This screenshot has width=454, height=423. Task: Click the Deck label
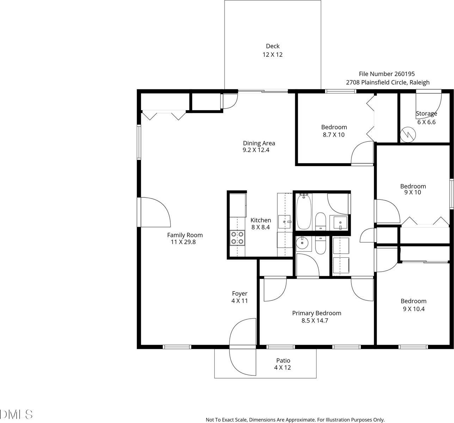click(x=272, y=46)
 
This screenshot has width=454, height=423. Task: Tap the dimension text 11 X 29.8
click(x=183, y=242)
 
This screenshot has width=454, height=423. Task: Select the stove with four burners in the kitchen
click(x=237, y=238)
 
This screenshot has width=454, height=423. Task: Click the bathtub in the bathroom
click(x=303, y=211)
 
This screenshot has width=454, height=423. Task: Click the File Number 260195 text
click(x=387, y=74)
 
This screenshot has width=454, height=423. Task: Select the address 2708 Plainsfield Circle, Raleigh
click(x=388, y=82)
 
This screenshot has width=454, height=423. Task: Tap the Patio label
click(x=283, y=360)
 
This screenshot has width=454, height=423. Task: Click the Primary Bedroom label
click(x=317, y=313)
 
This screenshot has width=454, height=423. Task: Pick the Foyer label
click(x=239, y=293)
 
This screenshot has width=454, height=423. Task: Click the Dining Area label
click(x=259, y=143)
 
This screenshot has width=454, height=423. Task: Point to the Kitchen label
click(x=260, y=220)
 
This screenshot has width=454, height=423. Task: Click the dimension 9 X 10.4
click(x=413, y=309)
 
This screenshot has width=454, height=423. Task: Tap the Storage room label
click(x=427, y=114)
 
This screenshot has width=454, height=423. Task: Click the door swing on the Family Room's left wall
click(x=155, y=212)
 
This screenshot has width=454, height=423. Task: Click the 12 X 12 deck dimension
click(x=272, y=55)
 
